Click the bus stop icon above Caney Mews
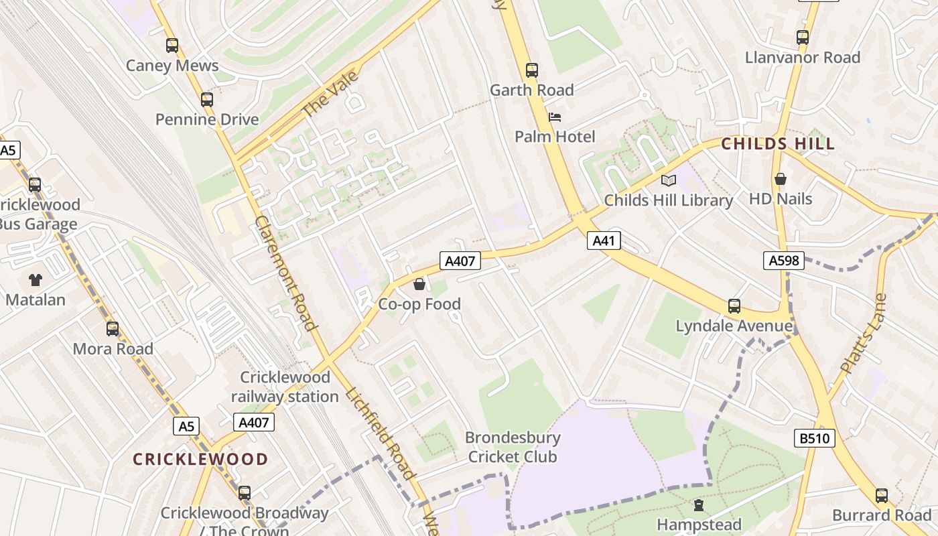tap(172, 46)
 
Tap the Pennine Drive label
tap(207, 119)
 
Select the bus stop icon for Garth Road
tap(532, 70)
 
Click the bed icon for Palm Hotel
tap(555, 117)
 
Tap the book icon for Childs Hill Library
tap(669, 180)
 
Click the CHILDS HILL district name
tap(778, 143)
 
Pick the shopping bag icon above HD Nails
tap(781, 179)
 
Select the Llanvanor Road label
tap(803, 58)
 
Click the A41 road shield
tap(604, 241)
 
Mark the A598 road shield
tap(784, 261)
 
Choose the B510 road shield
tap(815, 439)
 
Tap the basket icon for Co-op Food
tap(419, 284)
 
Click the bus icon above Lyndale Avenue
tap(734, 306)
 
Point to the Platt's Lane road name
tap(864, 334)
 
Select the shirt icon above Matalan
tap(36, 279)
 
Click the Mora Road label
tap(113, 348)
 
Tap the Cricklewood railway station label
tap(285, 387)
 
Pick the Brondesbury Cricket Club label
tap(513, 448)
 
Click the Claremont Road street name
tap(285, 273)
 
